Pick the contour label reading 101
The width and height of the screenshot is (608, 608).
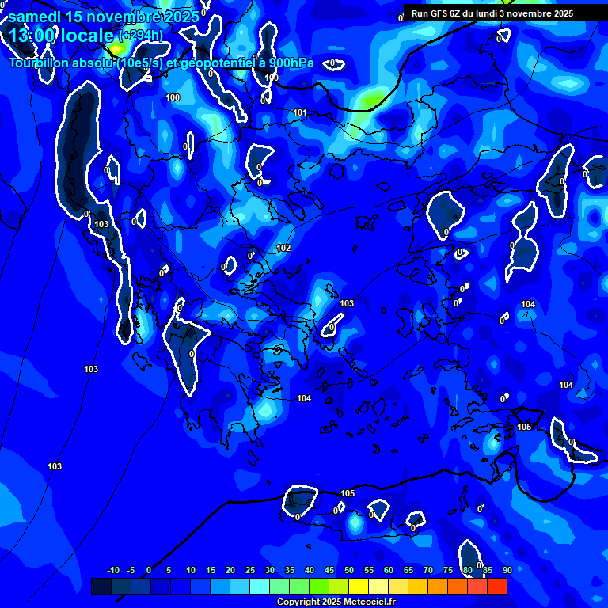300,113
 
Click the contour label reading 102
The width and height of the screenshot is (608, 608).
283,248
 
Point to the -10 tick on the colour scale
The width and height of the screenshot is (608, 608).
112,571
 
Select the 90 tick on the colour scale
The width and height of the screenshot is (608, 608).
507,571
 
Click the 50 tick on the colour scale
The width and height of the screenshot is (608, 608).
349,571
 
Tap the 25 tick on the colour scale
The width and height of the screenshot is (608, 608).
250,571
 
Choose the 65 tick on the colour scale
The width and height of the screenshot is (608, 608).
408,571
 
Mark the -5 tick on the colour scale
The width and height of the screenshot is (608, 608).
131,571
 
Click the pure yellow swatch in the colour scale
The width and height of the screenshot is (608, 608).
358,586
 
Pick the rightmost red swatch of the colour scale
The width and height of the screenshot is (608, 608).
497,586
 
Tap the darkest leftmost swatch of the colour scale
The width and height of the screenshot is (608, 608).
101,586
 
